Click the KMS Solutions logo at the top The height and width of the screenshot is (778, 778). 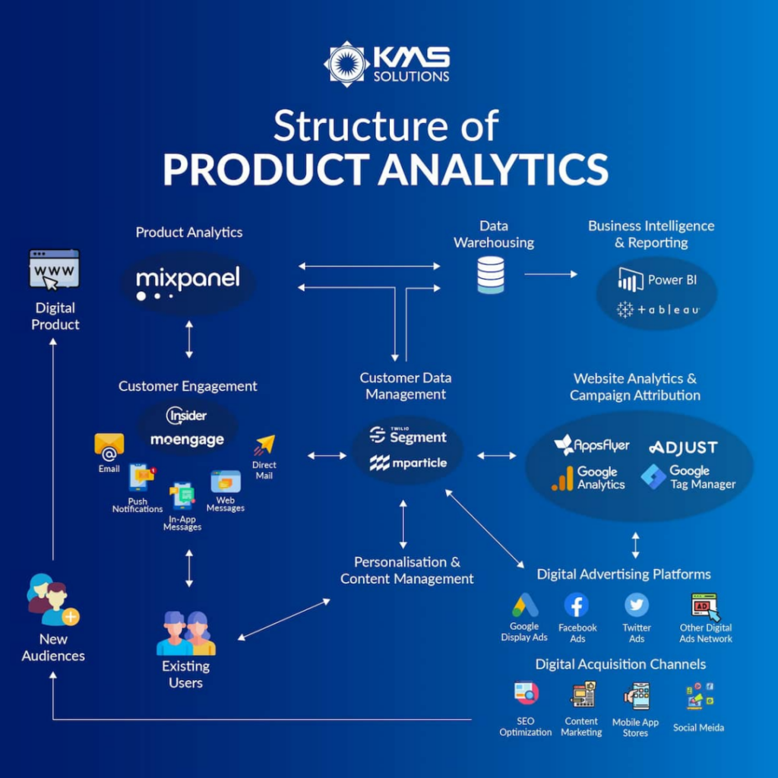[x=387, y=65]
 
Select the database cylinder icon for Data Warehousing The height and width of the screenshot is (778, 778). [x=490, y=274]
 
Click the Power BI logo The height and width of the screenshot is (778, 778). [x=657, y=280]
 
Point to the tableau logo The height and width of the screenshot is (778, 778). [x=657, y=309]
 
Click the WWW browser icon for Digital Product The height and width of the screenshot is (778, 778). [x=54, y=270]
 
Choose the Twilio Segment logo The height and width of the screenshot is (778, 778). [x=408, y=436]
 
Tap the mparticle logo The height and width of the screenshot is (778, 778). [x=408, y=463]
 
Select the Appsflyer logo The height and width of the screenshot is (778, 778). [x=592, y=445]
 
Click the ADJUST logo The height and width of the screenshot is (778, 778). [x=683, y=448]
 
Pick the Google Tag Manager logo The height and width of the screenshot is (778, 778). [x=688, y=477]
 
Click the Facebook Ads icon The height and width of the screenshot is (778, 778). [x=577, y=606]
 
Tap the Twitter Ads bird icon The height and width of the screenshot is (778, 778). [x=637, y=606]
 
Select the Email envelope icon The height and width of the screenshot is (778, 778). [x=109, y=447]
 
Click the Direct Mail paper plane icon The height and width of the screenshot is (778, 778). [x=264, y=445]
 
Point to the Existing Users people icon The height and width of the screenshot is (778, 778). [x=186, y=633]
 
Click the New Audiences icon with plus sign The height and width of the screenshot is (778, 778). [x=52, y=600]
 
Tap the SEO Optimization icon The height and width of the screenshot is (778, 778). [x=526, y=694]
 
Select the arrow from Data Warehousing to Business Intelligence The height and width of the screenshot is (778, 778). [x=551, y=274]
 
